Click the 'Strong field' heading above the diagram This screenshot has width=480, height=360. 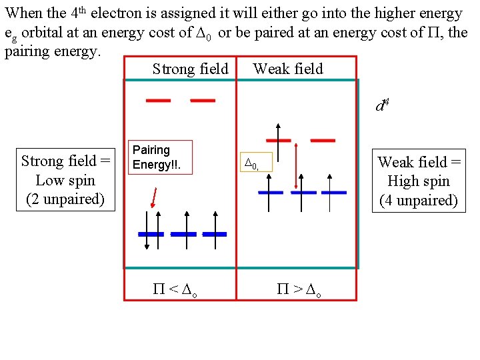click(190, 69)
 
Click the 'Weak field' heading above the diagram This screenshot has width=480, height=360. click(288, 69)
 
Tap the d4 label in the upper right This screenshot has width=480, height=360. click(381, 105)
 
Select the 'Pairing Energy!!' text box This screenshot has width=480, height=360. click(159, 157)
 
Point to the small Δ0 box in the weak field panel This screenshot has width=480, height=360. click(257, 162)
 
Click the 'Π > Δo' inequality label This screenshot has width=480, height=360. click(299, 289)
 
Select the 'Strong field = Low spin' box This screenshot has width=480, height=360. click(65, 180)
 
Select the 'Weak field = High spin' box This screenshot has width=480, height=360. click(419, 181)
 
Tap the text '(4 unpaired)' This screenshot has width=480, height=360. click(419, 200)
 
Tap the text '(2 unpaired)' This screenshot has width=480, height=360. click(65, 199)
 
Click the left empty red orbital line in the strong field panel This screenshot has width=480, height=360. click(158, 101)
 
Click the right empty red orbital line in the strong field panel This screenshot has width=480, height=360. click(203, 101)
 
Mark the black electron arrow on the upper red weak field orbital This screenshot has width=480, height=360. click(278, 131)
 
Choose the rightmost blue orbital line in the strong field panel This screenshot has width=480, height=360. click(215, 235)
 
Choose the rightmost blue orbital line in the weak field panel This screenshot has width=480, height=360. click(333, 192)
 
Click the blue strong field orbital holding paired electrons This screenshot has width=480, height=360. click(151, 235)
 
